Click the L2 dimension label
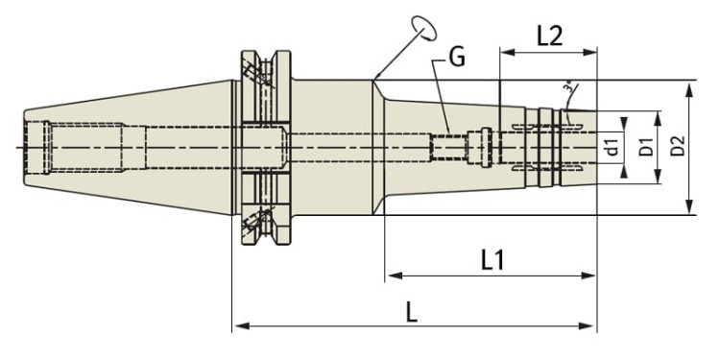click(550, 36)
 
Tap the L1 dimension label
click(492, 260)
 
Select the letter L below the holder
click(412, 313)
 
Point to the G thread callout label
click(457, 58)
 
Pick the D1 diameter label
click(646, 146)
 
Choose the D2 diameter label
click(678, 146)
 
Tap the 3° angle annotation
click(569, 87)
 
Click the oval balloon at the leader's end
click(423, 29)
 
